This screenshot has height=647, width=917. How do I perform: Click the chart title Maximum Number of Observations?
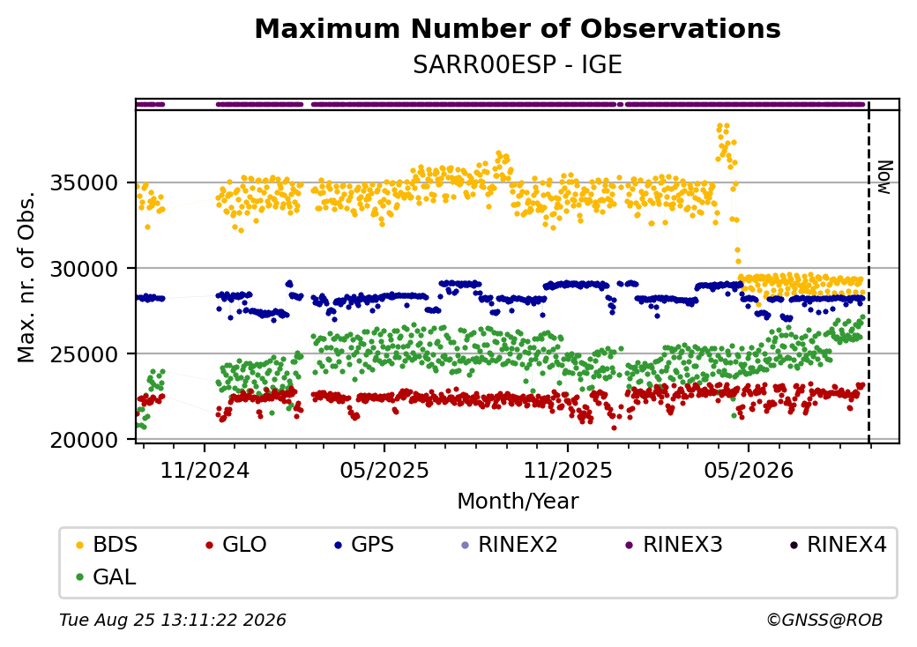tap(518, 28)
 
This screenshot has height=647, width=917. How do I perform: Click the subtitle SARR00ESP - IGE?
tap(518, 65)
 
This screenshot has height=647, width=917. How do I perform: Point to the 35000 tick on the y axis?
tap(85, 183)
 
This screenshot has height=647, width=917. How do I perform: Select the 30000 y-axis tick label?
tap(85, 269)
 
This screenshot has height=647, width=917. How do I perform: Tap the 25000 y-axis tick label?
tap(85, 354)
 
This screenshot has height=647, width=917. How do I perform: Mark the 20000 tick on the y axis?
tap(85, 440)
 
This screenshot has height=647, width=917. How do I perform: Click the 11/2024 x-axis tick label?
tap(205, 470)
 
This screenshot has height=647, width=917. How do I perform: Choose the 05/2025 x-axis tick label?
tap(384, 470)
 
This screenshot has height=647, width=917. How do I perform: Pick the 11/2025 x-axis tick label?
tap(567, 470)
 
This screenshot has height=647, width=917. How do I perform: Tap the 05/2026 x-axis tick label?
tap(749, 470)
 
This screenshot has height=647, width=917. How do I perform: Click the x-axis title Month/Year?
tap(518, 501)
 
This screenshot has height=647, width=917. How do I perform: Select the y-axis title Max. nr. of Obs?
tap(26, 277)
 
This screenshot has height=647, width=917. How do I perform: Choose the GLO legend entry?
tap(236, 545)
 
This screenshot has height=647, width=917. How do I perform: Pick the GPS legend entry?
tap(364, 545)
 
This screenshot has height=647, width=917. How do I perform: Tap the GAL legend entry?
tap(107, 576)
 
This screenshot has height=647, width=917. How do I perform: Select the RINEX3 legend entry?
tap(675, 545)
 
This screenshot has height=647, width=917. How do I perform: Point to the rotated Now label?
tap(885, 178)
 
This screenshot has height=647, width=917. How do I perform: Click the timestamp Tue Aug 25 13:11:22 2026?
tap(173, 620)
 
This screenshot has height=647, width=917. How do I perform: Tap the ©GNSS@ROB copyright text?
tap(824, 620)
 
